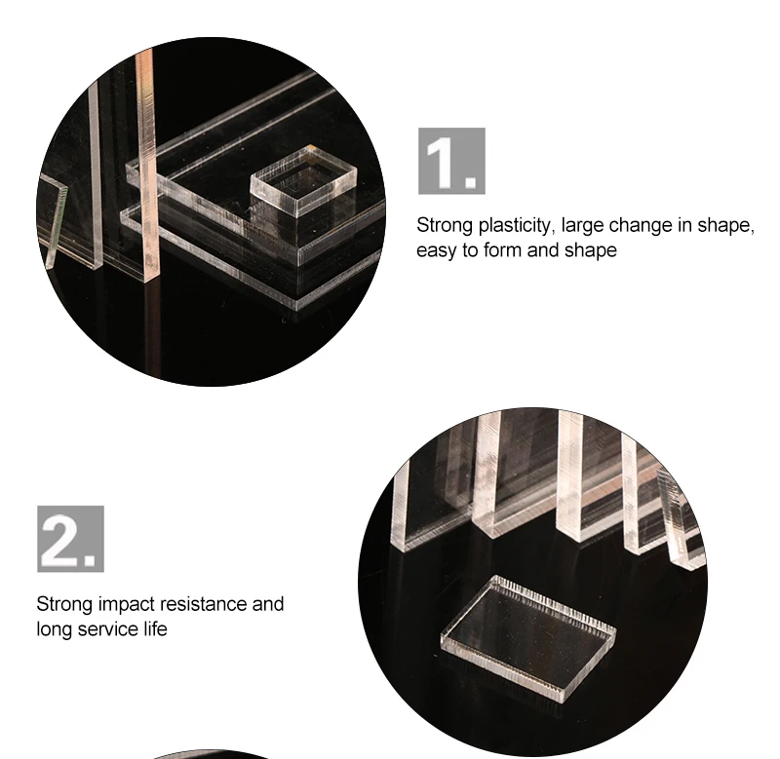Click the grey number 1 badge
point(451,161)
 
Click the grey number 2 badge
point(70,539)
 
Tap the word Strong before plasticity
point(445,226)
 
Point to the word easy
point(436,251)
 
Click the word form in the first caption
point(502,249)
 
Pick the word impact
point(127,605)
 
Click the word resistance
point(204,604)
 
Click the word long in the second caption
point(55,630)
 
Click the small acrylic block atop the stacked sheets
point(303,180)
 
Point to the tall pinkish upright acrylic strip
point(146,164)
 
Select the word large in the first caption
point(582,226)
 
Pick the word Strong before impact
point(64,605)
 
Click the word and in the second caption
point(268,604)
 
